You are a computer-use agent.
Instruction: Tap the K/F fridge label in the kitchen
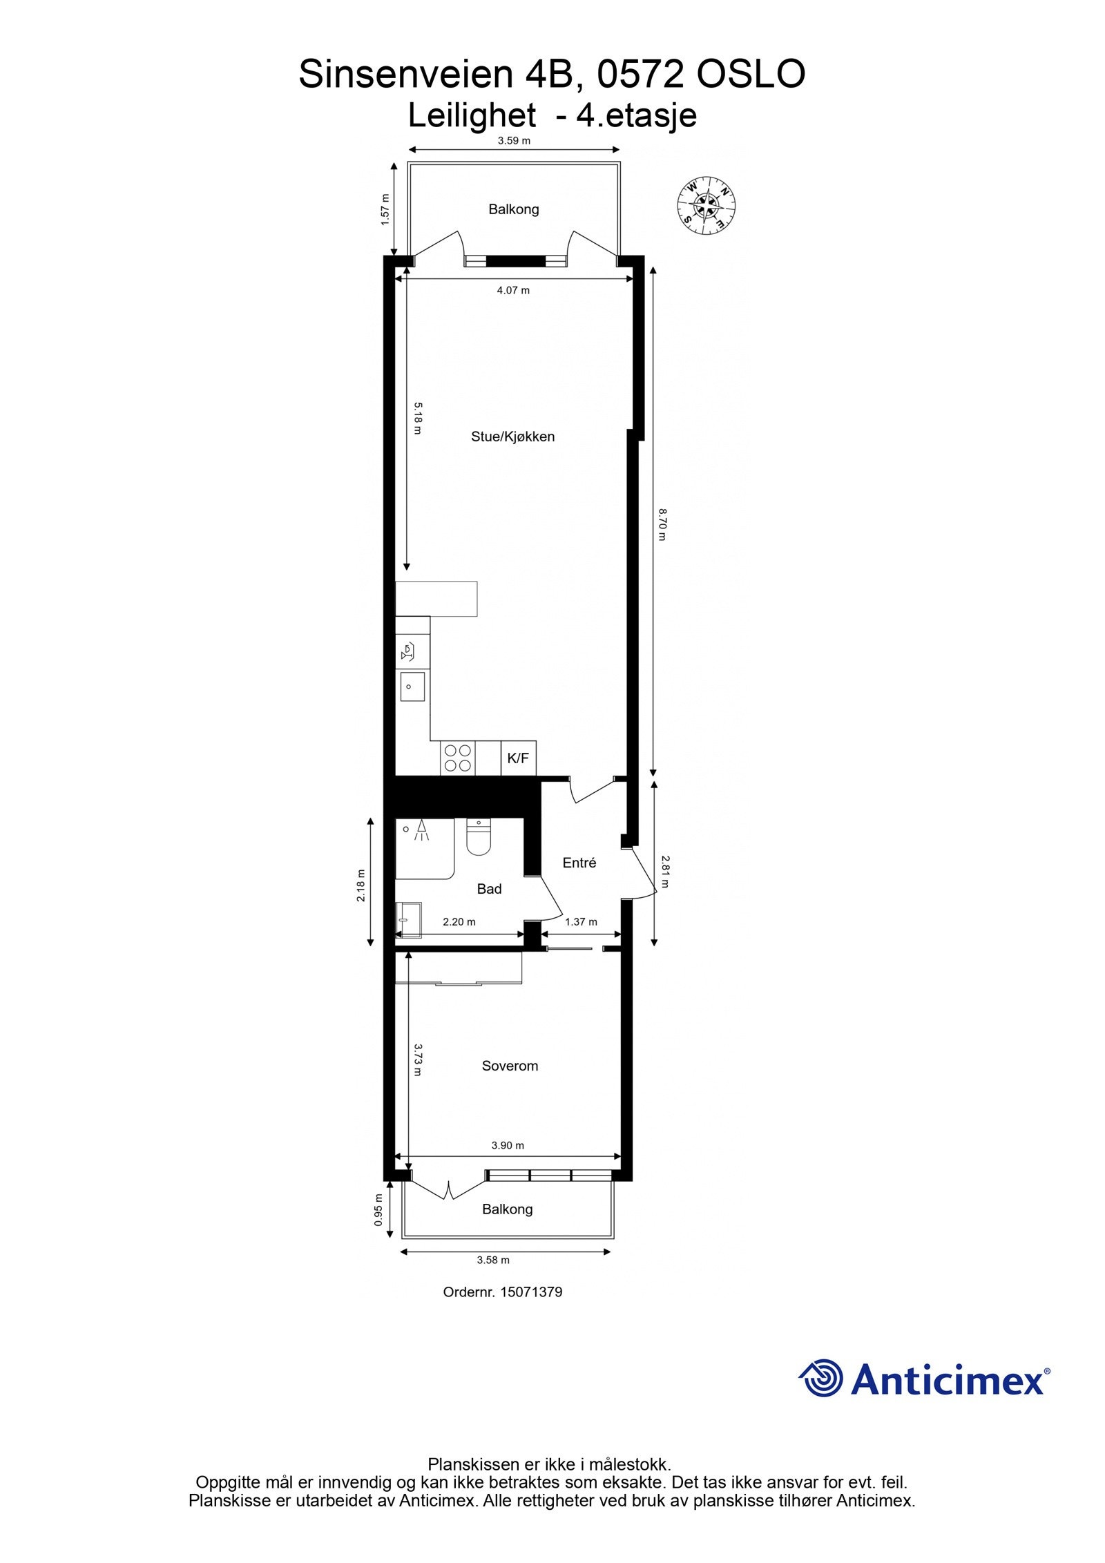[518, 758]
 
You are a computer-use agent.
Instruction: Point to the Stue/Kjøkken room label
[512, 437]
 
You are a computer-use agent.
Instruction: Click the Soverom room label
[510, 1066]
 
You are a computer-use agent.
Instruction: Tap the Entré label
[579, 863]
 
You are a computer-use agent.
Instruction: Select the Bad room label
[489, 889]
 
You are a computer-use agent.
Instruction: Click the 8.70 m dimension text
[661, 524]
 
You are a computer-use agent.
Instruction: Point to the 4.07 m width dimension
[513, 291]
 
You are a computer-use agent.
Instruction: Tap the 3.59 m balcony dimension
[514, 141]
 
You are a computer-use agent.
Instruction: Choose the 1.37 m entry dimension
[581, 922]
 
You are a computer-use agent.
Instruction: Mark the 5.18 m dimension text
[416, 418]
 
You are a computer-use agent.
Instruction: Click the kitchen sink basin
[412, 687]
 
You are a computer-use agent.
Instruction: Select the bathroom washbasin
[408, 921]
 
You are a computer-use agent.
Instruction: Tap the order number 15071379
[502, 1292]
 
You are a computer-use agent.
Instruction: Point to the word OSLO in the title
[750, 75]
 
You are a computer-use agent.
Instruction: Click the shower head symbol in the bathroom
[420, 829]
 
